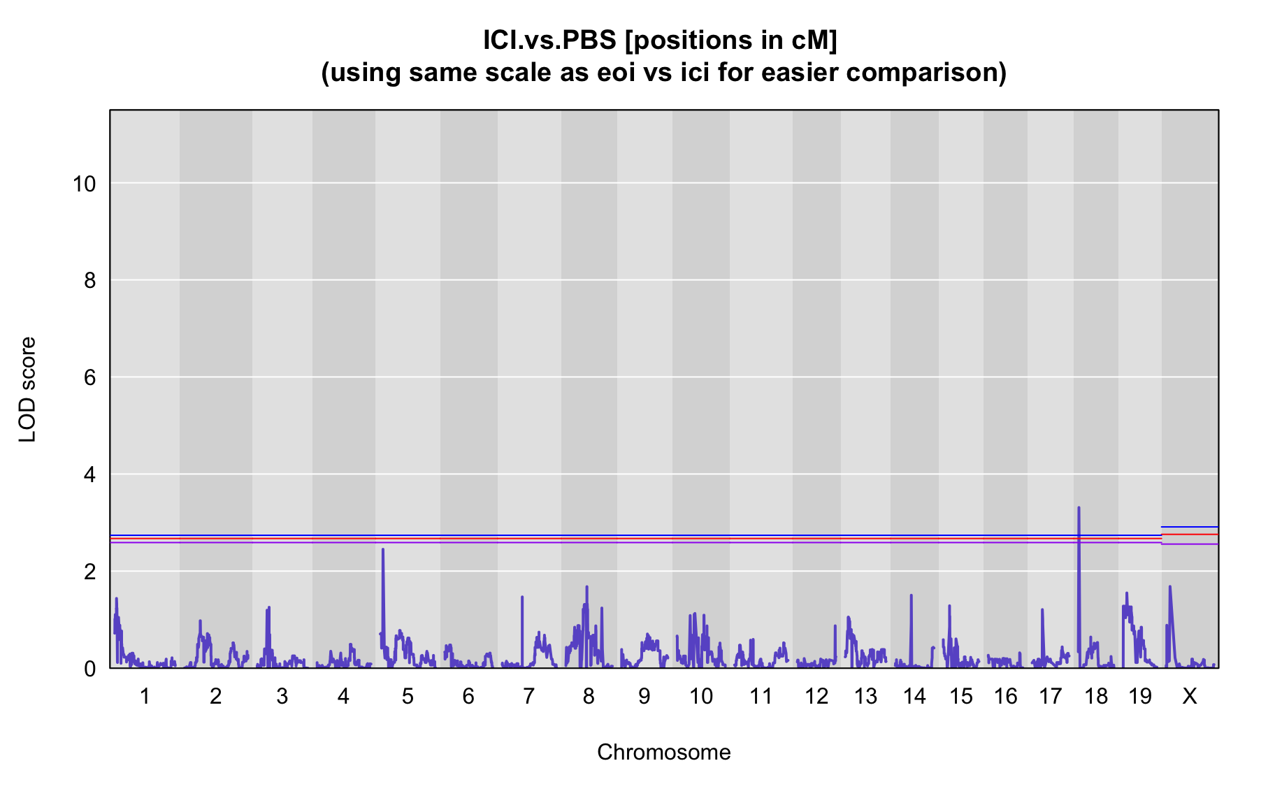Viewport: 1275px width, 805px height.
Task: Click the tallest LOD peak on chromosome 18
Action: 1079,508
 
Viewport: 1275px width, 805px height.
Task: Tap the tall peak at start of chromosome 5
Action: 382,550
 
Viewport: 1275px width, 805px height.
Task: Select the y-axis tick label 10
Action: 84,184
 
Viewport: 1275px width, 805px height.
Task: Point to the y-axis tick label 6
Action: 90,378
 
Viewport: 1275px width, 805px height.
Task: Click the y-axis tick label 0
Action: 90,669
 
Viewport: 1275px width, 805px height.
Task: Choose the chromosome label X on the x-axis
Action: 1190,696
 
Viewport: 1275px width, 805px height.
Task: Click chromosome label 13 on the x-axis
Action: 865,696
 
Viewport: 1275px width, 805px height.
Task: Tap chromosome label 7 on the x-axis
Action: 528,696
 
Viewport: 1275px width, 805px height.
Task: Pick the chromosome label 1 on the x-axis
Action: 145,696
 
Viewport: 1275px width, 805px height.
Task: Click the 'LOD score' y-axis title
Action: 27,389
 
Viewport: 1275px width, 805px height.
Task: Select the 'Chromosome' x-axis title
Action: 664,752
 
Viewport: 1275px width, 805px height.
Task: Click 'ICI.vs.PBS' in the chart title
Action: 550,41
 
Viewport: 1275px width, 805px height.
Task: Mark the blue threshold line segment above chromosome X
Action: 1190,527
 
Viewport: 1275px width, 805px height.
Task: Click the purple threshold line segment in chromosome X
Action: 1190,544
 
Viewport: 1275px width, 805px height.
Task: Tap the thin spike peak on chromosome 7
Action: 522,597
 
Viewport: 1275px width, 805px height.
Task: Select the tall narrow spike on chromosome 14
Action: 911,596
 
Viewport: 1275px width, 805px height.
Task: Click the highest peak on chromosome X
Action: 1169,587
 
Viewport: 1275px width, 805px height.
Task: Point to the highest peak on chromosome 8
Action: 586,587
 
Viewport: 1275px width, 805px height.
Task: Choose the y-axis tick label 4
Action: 90,475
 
